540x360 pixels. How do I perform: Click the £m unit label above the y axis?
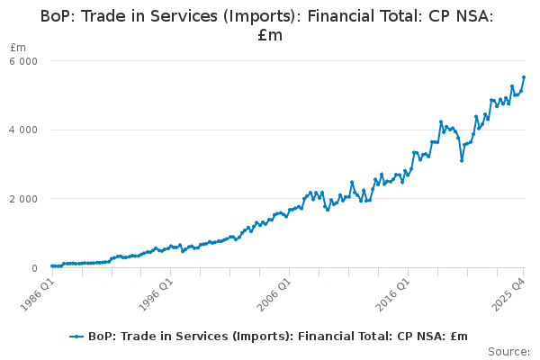pos(18,47)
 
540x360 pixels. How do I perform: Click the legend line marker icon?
pos(77,336)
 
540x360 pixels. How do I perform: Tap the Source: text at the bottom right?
pos(508,351)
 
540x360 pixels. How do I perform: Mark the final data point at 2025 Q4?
pos(524,77)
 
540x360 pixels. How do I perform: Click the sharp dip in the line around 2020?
pos(462,160)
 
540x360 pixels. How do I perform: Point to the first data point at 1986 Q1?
pos(51,266)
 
